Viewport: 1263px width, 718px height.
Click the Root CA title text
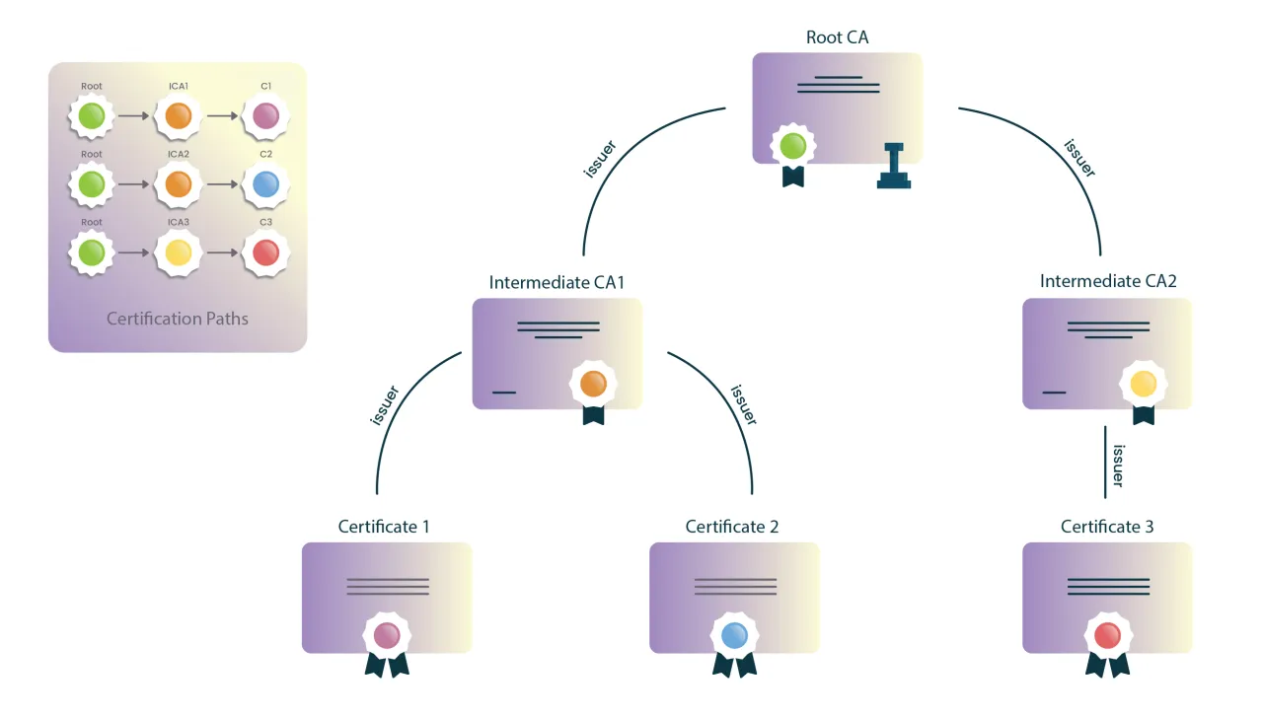(837, 37)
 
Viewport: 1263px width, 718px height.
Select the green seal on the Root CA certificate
(792, 147)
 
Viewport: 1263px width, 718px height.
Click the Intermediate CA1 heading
(557, 282)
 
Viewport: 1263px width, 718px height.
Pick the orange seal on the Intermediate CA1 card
(593, 384)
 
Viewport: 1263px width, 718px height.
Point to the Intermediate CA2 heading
(1108, 282)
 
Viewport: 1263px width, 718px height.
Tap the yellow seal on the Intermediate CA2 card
(1143, 384)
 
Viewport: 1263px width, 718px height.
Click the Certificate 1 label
(384, 527)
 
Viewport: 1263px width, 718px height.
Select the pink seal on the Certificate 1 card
(387, 634)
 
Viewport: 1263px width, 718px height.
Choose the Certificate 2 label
(732, 527)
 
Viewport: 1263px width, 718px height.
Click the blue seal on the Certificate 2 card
(733, 634)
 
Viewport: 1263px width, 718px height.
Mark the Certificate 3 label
(1107, 527)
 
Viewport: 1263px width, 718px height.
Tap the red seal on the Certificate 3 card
(1107, 634)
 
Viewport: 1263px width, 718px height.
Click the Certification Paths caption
(178, 319)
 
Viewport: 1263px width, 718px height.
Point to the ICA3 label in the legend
(178, 223)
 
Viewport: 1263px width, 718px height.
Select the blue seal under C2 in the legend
(265, 184)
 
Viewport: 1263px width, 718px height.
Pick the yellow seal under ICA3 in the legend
(178, 252)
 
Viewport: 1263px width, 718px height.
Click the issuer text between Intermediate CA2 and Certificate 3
(1118, 465)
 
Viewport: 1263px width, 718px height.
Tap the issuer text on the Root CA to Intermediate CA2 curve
(1079, 157)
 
